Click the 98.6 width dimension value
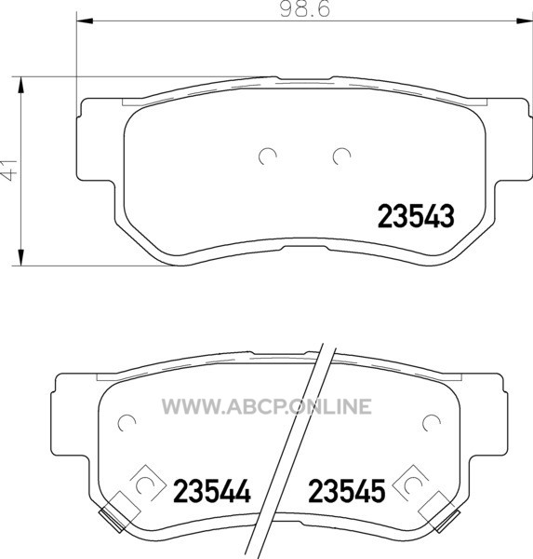305,9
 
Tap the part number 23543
416,216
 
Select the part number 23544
212,491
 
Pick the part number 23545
347,491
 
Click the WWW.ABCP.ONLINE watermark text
267,406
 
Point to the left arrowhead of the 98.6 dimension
85,21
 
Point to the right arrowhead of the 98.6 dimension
525,21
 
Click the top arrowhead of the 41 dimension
21,85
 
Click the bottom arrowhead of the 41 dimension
21,257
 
